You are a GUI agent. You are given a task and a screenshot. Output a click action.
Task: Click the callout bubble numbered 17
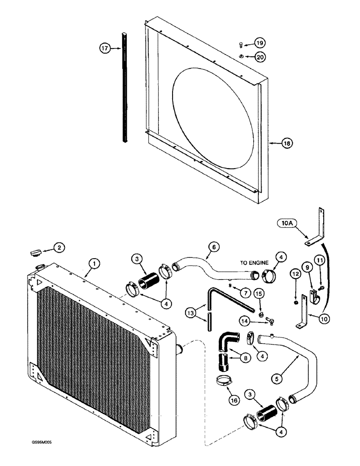coord(106,48)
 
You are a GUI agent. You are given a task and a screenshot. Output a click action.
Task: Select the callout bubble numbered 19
coord(260,43)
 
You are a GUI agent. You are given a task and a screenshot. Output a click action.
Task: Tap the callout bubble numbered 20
coord(260,57)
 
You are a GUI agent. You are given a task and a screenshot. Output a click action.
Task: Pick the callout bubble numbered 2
coord(58,248)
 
